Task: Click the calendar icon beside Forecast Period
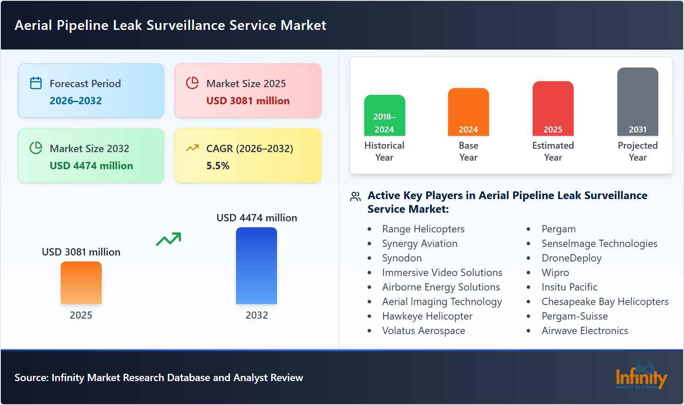(x=36, y=83)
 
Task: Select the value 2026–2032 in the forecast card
(x=76, y=101)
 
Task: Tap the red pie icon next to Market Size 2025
(x=192, y=83)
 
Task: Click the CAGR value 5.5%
(x=218, y=166)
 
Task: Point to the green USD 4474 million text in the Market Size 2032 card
(x=91, y=166)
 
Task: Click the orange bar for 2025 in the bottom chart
(x=81, y=283)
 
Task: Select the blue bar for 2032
(x=256, y=266)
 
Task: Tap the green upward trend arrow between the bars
(x=168, y=239)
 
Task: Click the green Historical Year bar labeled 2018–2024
(x=384, y=115)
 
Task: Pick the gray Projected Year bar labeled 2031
(x=637, y=102)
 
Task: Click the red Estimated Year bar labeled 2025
(x=553, y=109)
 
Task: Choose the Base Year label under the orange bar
(x=468, y=151)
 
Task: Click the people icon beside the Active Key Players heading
(x=355, y=197)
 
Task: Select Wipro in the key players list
(x=555, y=273)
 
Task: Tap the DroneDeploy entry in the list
(x=571, y=258)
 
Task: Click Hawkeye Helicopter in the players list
(x=427, y=316)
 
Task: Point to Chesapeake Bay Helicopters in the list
(x=604, y=302)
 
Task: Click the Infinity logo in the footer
(x=641, y=376)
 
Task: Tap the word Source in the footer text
(x=31, y=378)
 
